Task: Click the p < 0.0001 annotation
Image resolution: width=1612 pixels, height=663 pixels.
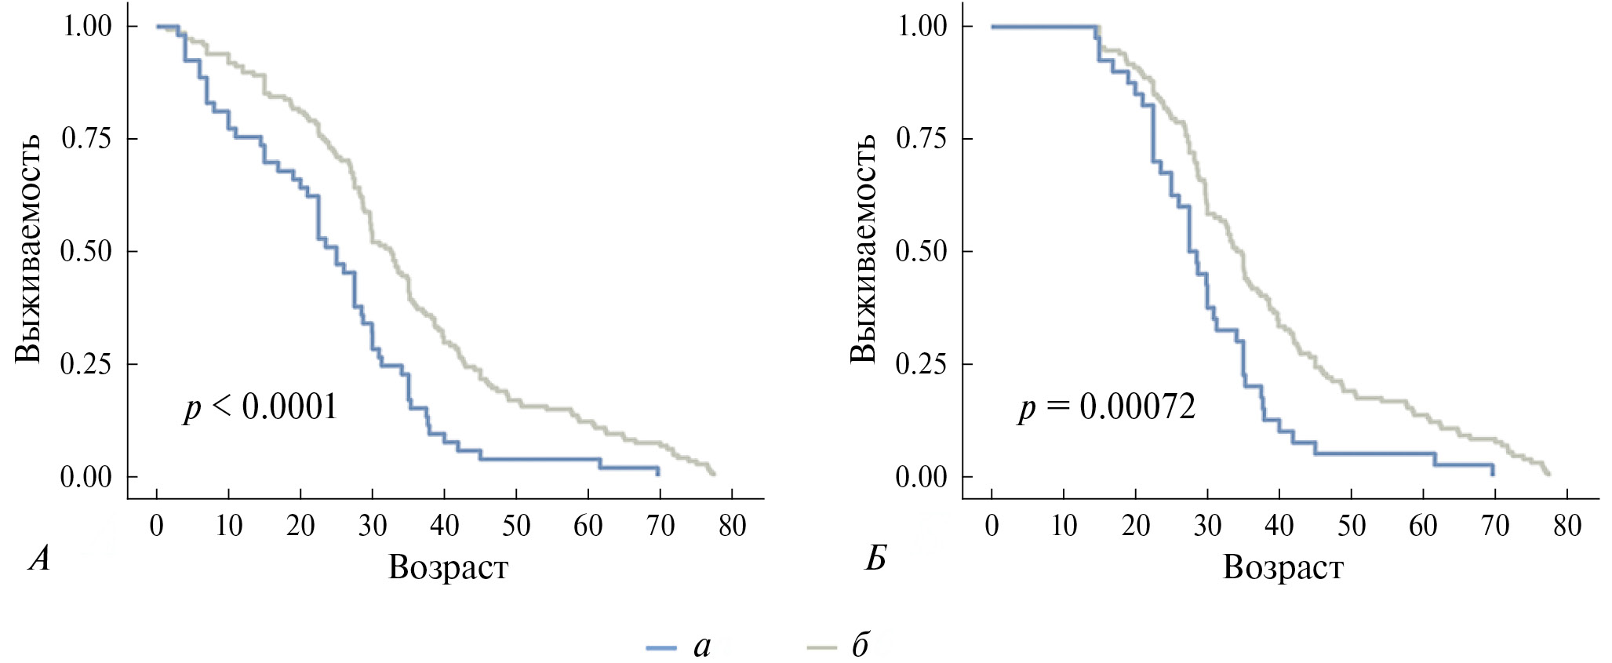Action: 260,407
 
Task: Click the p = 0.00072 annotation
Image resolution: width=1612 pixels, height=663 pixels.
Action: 1107,407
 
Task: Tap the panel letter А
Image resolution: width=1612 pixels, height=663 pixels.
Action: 39,559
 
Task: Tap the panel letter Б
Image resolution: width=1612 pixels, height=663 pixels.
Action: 875,559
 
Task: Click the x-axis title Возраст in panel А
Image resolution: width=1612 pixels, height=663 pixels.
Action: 448,566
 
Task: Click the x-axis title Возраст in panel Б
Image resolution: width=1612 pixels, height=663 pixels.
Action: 1283,566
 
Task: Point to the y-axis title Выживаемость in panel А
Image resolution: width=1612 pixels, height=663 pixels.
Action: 28,250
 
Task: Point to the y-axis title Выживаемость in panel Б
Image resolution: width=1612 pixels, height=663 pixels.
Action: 863,250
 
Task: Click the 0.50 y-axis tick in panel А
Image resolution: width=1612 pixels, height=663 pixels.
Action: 86,251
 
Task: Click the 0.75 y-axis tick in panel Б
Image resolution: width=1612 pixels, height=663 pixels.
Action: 922,139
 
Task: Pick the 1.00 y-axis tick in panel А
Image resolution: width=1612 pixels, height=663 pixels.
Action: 86,26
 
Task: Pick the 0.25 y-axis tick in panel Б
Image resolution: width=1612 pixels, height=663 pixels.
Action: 922,364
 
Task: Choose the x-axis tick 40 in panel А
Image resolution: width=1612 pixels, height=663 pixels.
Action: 444,525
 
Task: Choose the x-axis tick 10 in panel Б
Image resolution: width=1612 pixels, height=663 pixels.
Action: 1064,525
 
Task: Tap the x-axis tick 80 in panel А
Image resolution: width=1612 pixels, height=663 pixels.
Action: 732,525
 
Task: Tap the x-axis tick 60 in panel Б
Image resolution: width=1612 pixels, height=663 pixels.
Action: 1423,525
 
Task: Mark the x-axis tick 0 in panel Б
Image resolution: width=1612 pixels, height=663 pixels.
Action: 992,525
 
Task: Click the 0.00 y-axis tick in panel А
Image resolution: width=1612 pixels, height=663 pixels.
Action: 86,476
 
